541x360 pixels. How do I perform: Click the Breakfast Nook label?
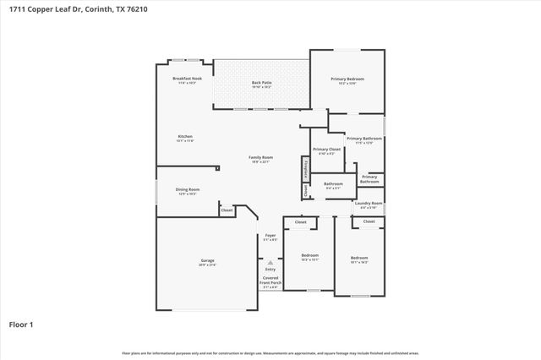(187, 79)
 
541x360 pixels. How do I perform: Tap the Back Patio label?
(261, 83)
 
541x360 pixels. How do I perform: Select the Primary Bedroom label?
(347, 79)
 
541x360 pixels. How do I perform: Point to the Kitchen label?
(184, 136)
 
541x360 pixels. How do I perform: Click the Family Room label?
(260, 157)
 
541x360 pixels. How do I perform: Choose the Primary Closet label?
(326, 149)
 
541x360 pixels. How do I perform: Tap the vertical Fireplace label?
(304, 168)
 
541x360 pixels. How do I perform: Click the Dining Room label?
(187, 189)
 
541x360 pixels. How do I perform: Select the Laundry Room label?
(369, 203)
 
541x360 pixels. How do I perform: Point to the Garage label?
(207, 261)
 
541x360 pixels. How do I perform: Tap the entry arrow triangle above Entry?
(270, 263)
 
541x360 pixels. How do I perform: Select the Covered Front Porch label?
(270, 280)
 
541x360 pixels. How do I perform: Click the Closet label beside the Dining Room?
(227, 209)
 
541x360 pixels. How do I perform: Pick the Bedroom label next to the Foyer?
(310, 255)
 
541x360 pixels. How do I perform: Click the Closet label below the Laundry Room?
(369, 221)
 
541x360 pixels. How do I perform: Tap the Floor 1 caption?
(21, 324)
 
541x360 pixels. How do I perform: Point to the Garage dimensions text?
(207, 265)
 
